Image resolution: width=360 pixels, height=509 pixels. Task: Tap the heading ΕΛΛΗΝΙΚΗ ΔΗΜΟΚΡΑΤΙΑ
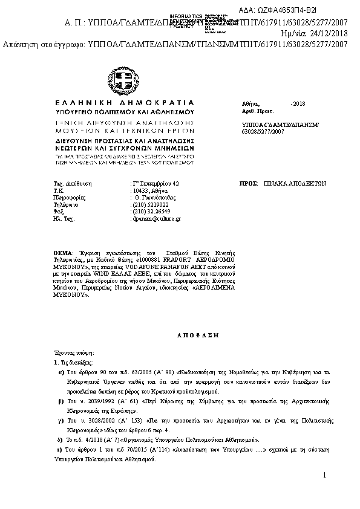click(125, 103)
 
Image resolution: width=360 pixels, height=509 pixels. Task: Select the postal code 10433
click(142, 190)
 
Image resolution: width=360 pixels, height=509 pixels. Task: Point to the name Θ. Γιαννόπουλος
click(155, 197)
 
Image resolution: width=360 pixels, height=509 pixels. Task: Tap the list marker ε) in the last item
click(59, 450)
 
